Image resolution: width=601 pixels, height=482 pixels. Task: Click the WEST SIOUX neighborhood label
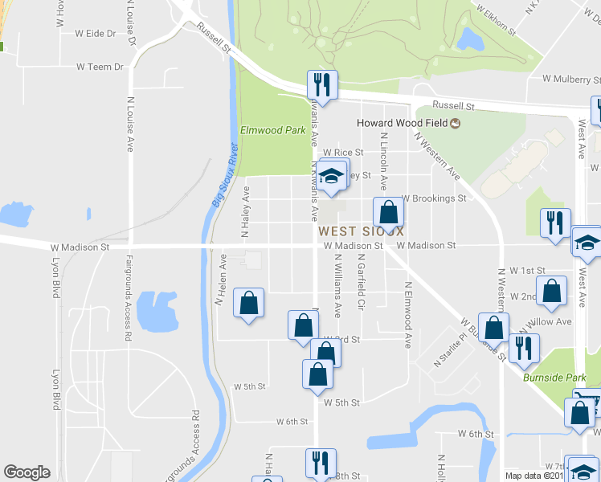click(359, 231)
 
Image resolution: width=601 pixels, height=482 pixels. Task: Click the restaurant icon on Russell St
click(322, 86)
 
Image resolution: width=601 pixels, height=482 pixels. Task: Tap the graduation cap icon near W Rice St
click(333, 176)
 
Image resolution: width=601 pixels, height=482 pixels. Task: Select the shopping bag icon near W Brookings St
click(388, 214)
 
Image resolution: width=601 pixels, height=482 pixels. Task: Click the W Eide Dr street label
click(96, 34)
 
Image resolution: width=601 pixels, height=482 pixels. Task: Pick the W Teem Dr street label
click(100, 67)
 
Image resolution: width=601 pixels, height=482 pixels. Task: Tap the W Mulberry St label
click(570, 80)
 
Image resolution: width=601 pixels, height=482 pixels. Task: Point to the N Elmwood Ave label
click(408, 314)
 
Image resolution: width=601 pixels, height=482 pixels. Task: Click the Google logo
click(27, 472)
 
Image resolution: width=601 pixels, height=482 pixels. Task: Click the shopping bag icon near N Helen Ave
click(248, 304)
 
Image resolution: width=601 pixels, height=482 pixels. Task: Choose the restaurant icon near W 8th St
click(319, 464)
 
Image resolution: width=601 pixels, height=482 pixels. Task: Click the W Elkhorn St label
click(494, 19)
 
